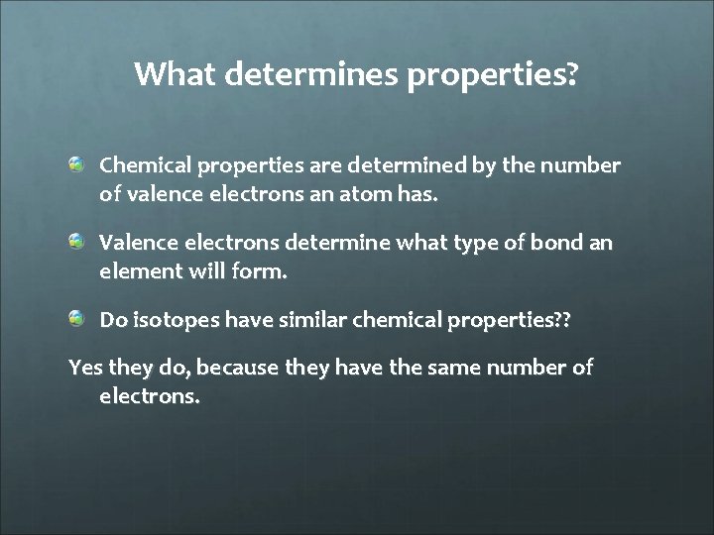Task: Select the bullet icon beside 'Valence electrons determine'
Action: click(x=76, y=241)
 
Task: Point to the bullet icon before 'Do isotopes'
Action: click(x=76, y=318)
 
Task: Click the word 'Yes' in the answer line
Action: click(x=84, y=369)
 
